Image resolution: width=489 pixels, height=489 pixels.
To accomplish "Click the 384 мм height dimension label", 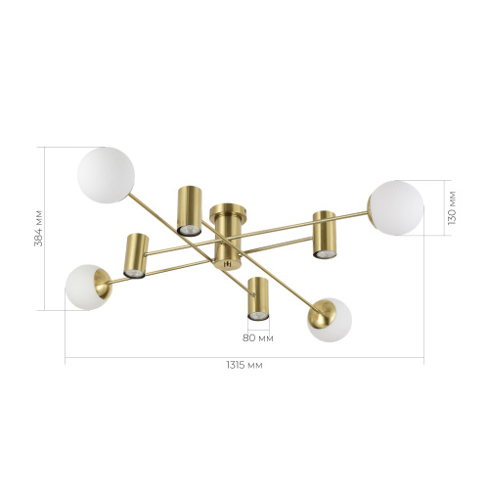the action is tap(38, 229).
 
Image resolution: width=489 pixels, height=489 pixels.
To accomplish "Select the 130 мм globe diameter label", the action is tap(452, 208).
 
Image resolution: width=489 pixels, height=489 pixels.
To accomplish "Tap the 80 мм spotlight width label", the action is tap(258, 338).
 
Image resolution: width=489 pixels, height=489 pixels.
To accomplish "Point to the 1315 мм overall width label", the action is tap(244, 365).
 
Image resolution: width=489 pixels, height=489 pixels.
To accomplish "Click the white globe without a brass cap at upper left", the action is tap(106, 175).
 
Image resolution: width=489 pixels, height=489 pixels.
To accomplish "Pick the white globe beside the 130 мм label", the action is tap(396, 207).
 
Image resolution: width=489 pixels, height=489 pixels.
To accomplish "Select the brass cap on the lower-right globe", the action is tap(322, 314).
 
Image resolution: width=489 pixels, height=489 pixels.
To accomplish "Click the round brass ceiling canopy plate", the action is tap(228, 211).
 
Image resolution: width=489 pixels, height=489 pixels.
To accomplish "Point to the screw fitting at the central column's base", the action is tap(228, 264).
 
